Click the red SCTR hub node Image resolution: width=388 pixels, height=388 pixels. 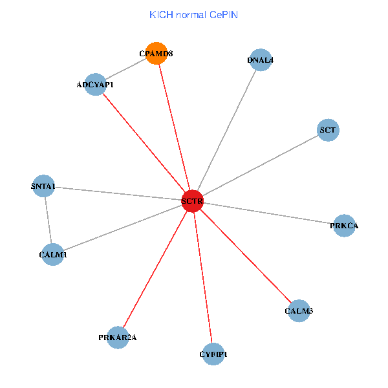coord(193,201)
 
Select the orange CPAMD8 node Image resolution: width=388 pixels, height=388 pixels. coord(156,54)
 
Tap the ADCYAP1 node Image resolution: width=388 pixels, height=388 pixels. coord(96,85)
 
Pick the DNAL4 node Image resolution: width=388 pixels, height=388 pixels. coord(260,61)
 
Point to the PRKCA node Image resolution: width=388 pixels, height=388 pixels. coord(344,226)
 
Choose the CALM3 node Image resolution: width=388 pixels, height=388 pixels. coord(299,311)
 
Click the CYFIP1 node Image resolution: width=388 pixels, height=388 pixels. coord(213,354)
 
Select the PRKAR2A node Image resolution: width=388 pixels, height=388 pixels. coord(118,338)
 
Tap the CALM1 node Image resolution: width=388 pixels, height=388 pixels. coord(52,255)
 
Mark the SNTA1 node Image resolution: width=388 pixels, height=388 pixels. coord(43,187)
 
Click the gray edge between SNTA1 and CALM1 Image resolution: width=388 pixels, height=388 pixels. coord(48,221)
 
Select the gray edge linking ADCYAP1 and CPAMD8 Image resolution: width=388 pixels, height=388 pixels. coord(126,69)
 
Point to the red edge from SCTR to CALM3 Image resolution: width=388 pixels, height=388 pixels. coord(246,256)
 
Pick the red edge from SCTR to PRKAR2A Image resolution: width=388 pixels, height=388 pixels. coord(155,270)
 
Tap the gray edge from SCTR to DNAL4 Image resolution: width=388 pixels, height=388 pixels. coord(226,131)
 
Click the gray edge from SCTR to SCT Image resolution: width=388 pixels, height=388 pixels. coord(261,166)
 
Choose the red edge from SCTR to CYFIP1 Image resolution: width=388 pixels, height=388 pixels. coord(203,277)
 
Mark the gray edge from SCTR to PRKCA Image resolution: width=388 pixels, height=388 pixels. coord(268,213)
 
